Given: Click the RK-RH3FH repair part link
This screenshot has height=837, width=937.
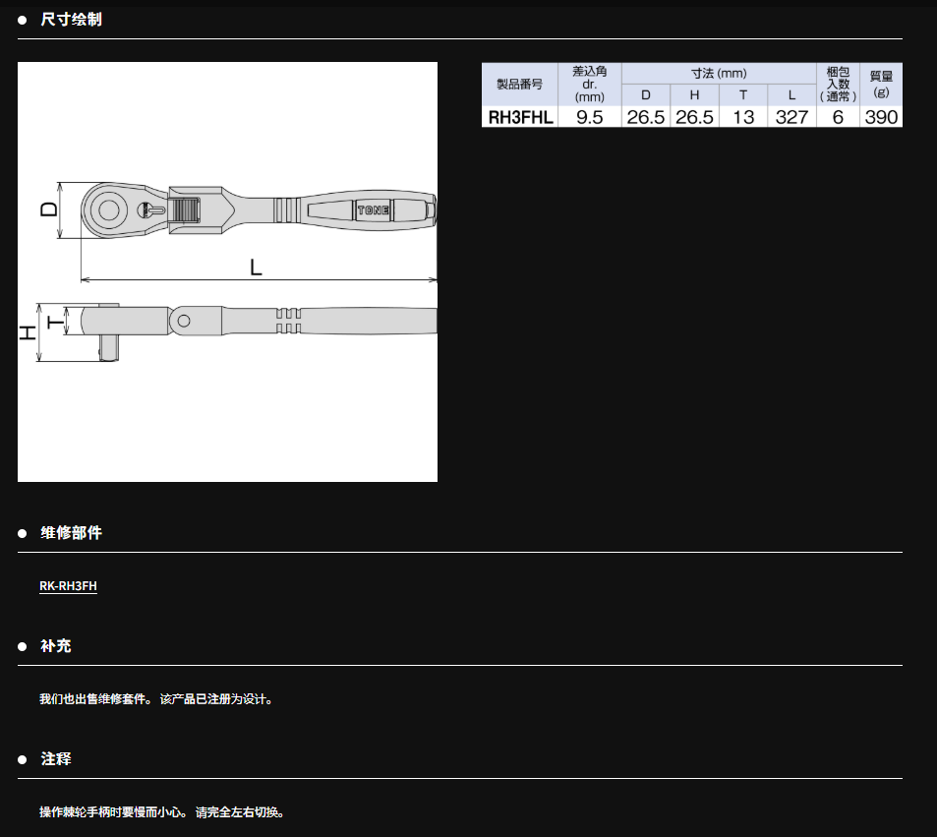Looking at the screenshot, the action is click(x=68, y=586).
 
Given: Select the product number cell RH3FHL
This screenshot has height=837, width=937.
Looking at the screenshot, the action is click(x=520, y=117).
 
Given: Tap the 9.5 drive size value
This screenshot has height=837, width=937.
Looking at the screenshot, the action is click(x=589, y=117).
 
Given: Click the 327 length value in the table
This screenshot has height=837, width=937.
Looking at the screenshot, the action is click(x=791, y=117).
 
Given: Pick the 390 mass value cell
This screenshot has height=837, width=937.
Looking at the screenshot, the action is click(x=881, y=117).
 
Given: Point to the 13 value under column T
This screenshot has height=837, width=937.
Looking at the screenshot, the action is click(x=743, y=117).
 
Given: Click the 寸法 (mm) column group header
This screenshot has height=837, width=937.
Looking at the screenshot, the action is click(x=719, y=74).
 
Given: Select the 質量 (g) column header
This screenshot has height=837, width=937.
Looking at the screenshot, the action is click(x=881, y=85).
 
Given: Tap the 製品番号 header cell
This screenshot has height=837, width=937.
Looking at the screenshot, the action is click(x=520, y=85).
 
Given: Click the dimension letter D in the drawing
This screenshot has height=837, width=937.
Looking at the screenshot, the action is click(x=49, y=209).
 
